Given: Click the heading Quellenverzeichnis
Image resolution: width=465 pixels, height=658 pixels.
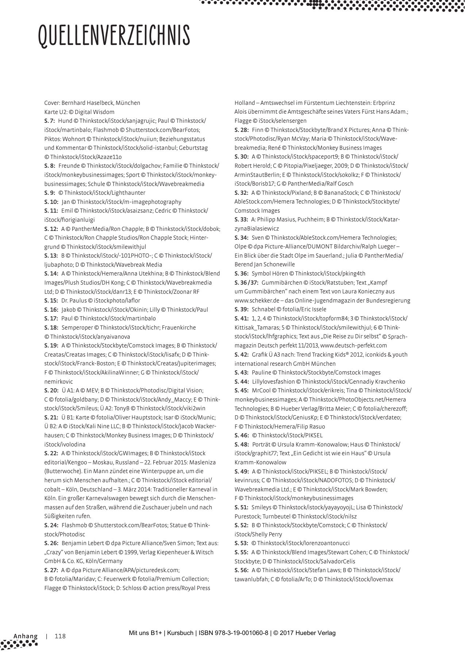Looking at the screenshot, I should (114, 36).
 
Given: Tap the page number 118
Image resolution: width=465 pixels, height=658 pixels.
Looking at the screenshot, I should (60, 636).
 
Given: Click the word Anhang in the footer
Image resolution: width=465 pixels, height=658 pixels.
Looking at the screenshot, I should (26, 636).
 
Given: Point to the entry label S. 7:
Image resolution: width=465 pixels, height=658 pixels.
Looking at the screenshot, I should (49, 121).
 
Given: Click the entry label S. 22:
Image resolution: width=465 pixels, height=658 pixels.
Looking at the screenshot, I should (51, 453).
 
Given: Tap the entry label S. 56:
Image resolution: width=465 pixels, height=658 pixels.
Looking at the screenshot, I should (241, 570).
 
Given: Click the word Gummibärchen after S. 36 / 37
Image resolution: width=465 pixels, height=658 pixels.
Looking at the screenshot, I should (272, 282).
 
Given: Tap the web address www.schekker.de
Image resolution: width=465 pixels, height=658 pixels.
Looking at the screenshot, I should (256, 300).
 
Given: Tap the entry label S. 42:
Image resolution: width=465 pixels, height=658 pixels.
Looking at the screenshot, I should (241, 354).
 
